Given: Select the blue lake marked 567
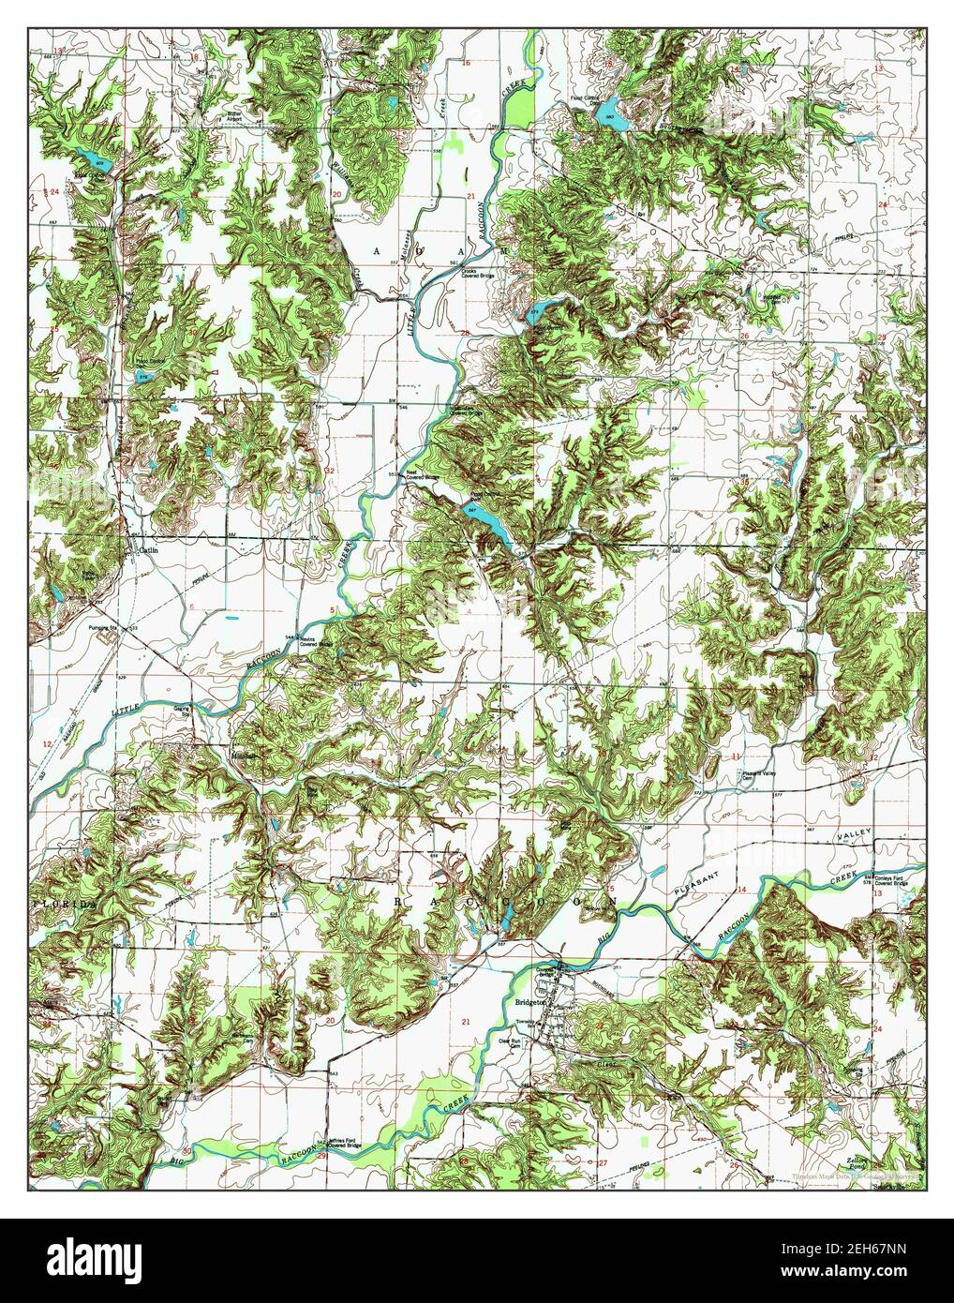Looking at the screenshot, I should (x=485, y=523).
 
